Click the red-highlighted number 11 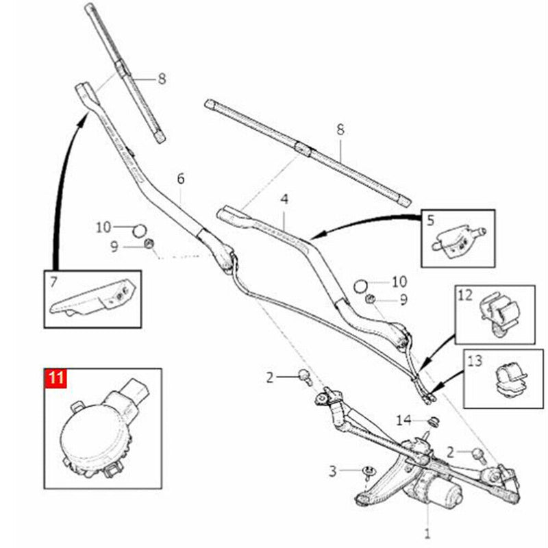point(56,378)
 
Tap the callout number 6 point(180,179)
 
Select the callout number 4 point(284,199)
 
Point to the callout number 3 point(332,471)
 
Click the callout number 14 point(403,420)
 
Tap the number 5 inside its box point(430,221)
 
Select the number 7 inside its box point(53,282)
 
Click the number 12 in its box point(465,296)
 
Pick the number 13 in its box point(475,361)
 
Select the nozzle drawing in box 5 point(459,240)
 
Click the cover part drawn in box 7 point(93,298)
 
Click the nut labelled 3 point(368,471)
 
